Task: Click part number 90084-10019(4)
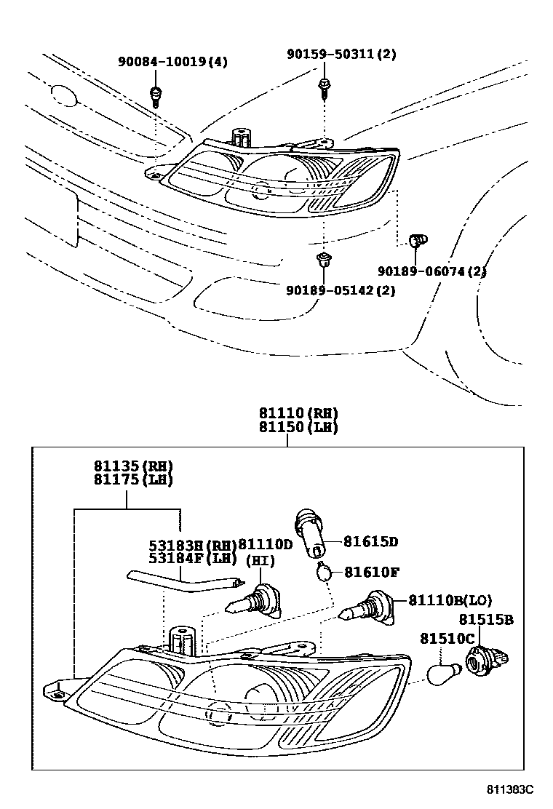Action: (172, 62)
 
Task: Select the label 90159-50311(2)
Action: (341, 55)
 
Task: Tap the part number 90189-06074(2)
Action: (431, 271)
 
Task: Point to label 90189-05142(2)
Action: (341, 290)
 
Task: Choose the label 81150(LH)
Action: (298, 428)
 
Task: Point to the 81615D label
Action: (371, 542)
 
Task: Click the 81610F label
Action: (371, 572)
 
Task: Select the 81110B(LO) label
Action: (450, 601)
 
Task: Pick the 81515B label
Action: (486, 620)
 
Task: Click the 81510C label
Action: (447, 639)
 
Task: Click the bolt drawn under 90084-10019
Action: (155, 94)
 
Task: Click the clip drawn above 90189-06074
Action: (419, 239)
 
